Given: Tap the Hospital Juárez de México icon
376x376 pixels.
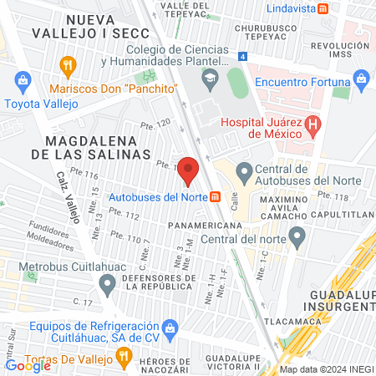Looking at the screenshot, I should tap(313, 127).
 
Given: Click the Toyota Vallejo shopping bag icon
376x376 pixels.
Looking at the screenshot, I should tap(23, 81).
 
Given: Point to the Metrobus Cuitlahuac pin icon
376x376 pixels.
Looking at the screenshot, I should tap(107, 285).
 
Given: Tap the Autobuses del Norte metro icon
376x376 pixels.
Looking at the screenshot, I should tap(216, 197).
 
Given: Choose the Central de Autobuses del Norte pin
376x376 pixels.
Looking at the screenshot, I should tap(245, 172).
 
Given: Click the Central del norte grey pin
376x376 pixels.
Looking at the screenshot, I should tap(296, 240).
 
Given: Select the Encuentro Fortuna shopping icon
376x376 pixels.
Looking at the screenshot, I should tap(362, 81).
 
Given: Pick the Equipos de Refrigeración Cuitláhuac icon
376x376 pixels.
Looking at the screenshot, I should tap(170, 326).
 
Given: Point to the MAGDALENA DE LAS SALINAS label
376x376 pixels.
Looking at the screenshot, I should tap(99, 148).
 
